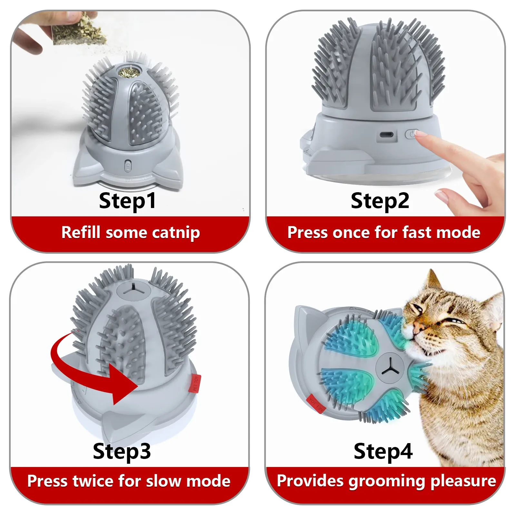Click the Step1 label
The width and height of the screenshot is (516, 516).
click(x=127, y=201)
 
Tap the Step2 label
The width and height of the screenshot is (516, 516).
click(x=380, y=201)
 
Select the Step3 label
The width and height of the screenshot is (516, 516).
click(x=122, y=451)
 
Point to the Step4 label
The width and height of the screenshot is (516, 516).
click(x=383, y=451)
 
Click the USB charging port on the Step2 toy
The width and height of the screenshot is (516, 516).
click(x=386, y=134)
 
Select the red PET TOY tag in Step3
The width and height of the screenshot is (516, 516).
click(x=194, y=383)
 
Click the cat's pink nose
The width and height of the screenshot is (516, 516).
click(x=418, y=327)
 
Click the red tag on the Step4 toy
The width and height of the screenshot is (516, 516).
click(x=316, y=404)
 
